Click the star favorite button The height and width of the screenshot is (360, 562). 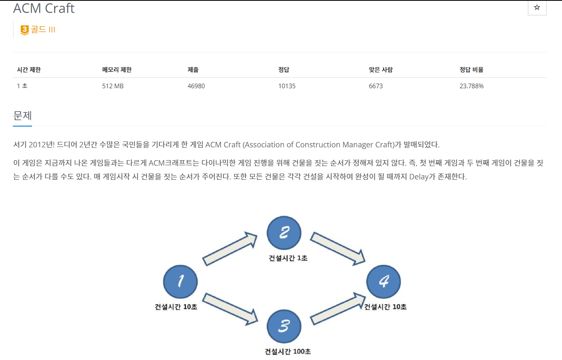point(537,8)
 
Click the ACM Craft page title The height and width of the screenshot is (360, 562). point(44,8)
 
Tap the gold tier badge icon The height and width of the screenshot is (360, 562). point(25,30)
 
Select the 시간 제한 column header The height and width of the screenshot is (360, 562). point(29,70)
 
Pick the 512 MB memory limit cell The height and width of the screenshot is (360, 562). point(113,86)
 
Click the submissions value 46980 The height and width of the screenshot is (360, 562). point(196,86)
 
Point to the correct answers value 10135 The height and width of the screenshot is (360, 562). point(287,86)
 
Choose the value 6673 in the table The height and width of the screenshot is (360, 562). point(373,86)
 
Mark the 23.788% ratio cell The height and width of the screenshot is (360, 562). point(471,86)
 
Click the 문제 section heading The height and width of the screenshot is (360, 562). point(22,115)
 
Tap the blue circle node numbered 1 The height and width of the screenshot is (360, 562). point(180,282)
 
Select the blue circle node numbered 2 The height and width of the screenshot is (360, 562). point(284,233)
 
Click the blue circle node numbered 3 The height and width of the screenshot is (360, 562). point(284,326)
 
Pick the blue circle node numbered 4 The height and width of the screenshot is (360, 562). point(384,282)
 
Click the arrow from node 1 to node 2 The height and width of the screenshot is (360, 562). point(230,249)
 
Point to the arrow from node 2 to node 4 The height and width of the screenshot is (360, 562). point(338,248)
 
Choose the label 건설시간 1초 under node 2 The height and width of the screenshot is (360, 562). point(288,258)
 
